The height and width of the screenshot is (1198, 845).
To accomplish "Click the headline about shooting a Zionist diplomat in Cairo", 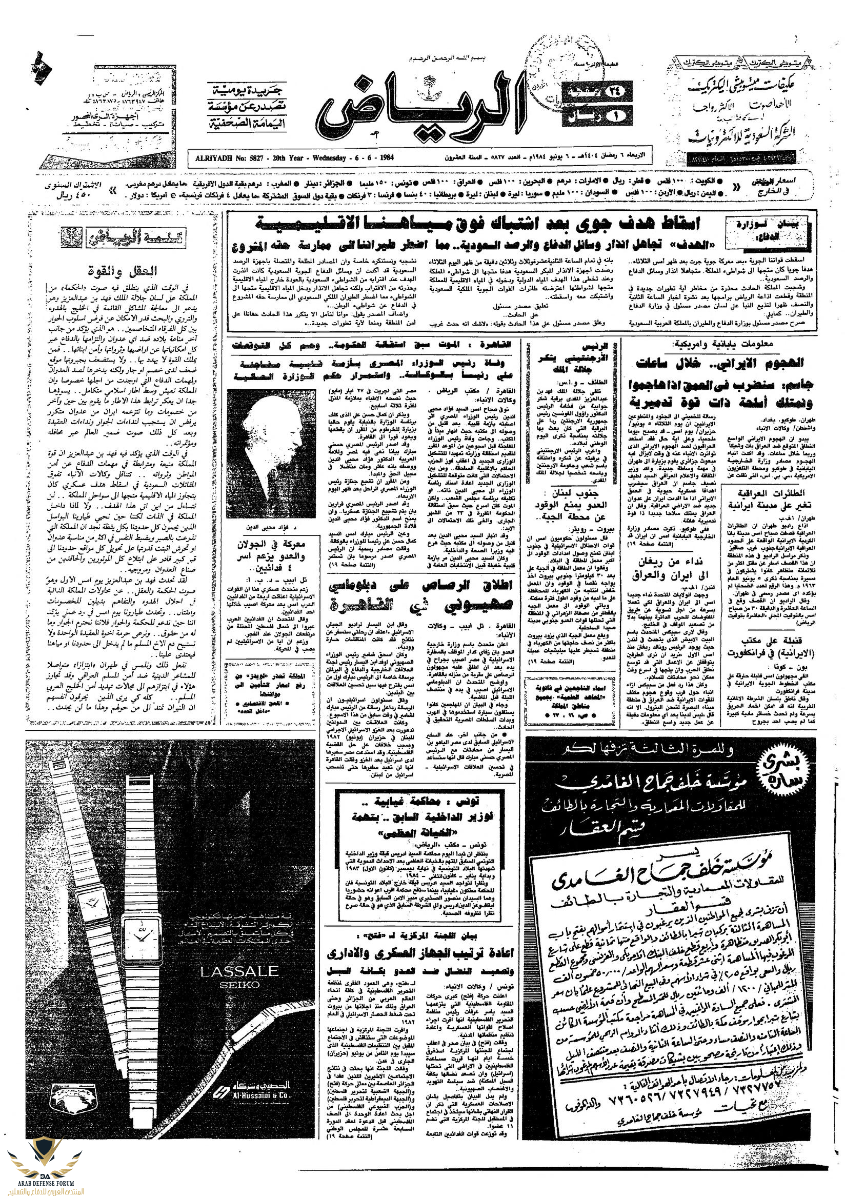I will [420, 595].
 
